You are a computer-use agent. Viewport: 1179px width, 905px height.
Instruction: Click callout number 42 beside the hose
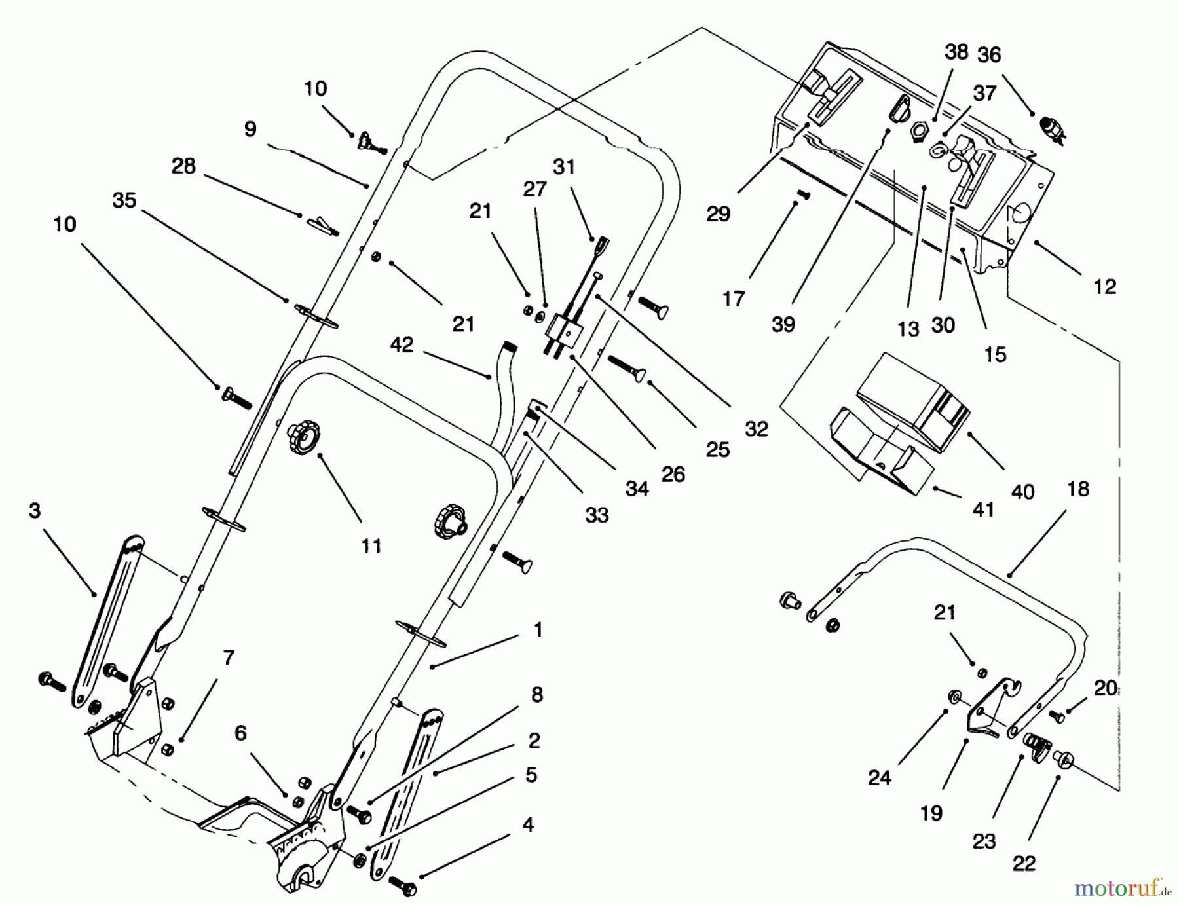coord(402,345)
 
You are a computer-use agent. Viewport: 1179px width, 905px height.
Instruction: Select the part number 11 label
coord(371,545)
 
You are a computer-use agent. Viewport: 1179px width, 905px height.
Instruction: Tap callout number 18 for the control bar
coord(1077,489)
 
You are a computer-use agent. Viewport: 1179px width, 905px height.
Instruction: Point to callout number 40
coord(1022,491)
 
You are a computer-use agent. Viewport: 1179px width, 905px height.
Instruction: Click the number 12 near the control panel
coord(1104,286)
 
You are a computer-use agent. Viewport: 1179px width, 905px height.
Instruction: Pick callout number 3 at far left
coord(35,510)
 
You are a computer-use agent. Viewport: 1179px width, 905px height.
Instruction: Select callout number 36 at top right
coord(989,55)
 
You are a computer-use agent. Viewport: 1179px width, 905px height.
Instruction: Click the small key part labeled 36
coord(1050,128)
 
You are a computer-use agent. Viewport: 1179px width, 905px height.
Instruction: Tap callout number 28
coord(183,166)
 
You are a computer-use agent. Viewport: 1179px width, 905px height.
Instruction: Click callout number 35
coord(124,200)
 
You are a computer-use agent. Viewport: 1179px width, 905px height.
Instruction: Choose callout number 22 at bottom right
coord(1024,863)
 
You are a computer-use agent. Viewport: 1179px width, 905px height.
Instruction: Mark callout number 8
coord(537,695)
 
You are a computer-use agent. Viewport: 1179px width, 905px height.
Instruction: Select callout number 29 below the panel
coord(718,213)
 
